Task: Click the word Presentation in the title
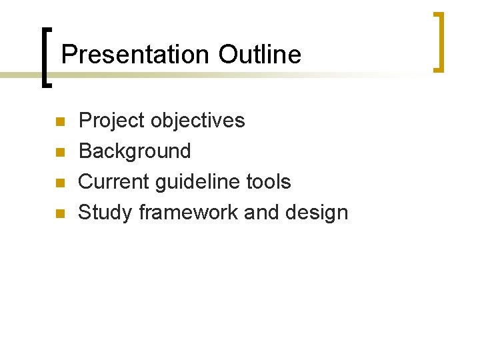pyautogui.click(x=136, y=54)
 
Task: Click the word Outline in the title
pyautogui.click(x=259, y=54)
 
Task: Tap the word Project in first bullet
pyautogui.click(x=111, y=121)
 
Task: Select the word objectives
pyautogui.click(x=198, y=121)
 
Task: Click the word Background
pyautogui.click(x=135, y=151)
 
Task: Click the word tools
pyautogui.click(x=269, y=182)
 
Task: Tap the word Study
pyautogui.click(x=105, y=213)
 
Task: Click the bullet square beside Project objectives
pyautogui.click(x=59, y=122)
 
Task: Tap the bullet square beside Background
pyautogui.click(x=59, y=153)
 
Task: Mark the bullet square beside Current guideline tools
pyautogui.click(x=59, y=183)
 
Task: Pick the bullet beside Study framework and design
pyautogui.click(x=59, y=214)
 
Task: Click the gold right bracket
pyautogui.click(x=439, y=41)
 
